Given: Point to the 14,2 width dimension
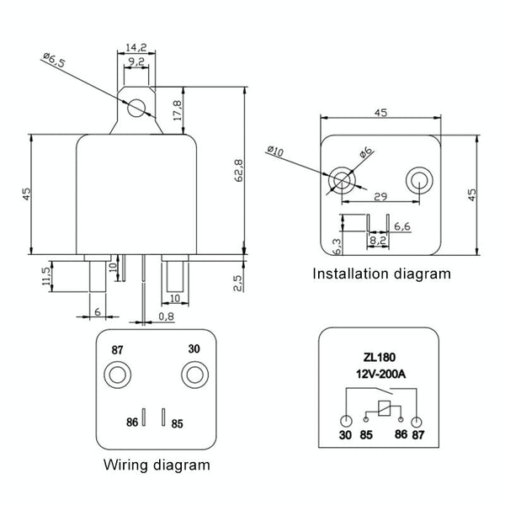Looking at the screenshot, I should coord(136,47).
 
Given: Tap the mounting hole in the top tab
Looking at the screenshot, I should coord(136,106).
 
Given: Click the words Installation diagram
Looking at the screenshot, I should coord(382,274).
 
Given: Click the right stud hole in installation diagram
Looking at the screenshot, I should coord(418,178).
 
